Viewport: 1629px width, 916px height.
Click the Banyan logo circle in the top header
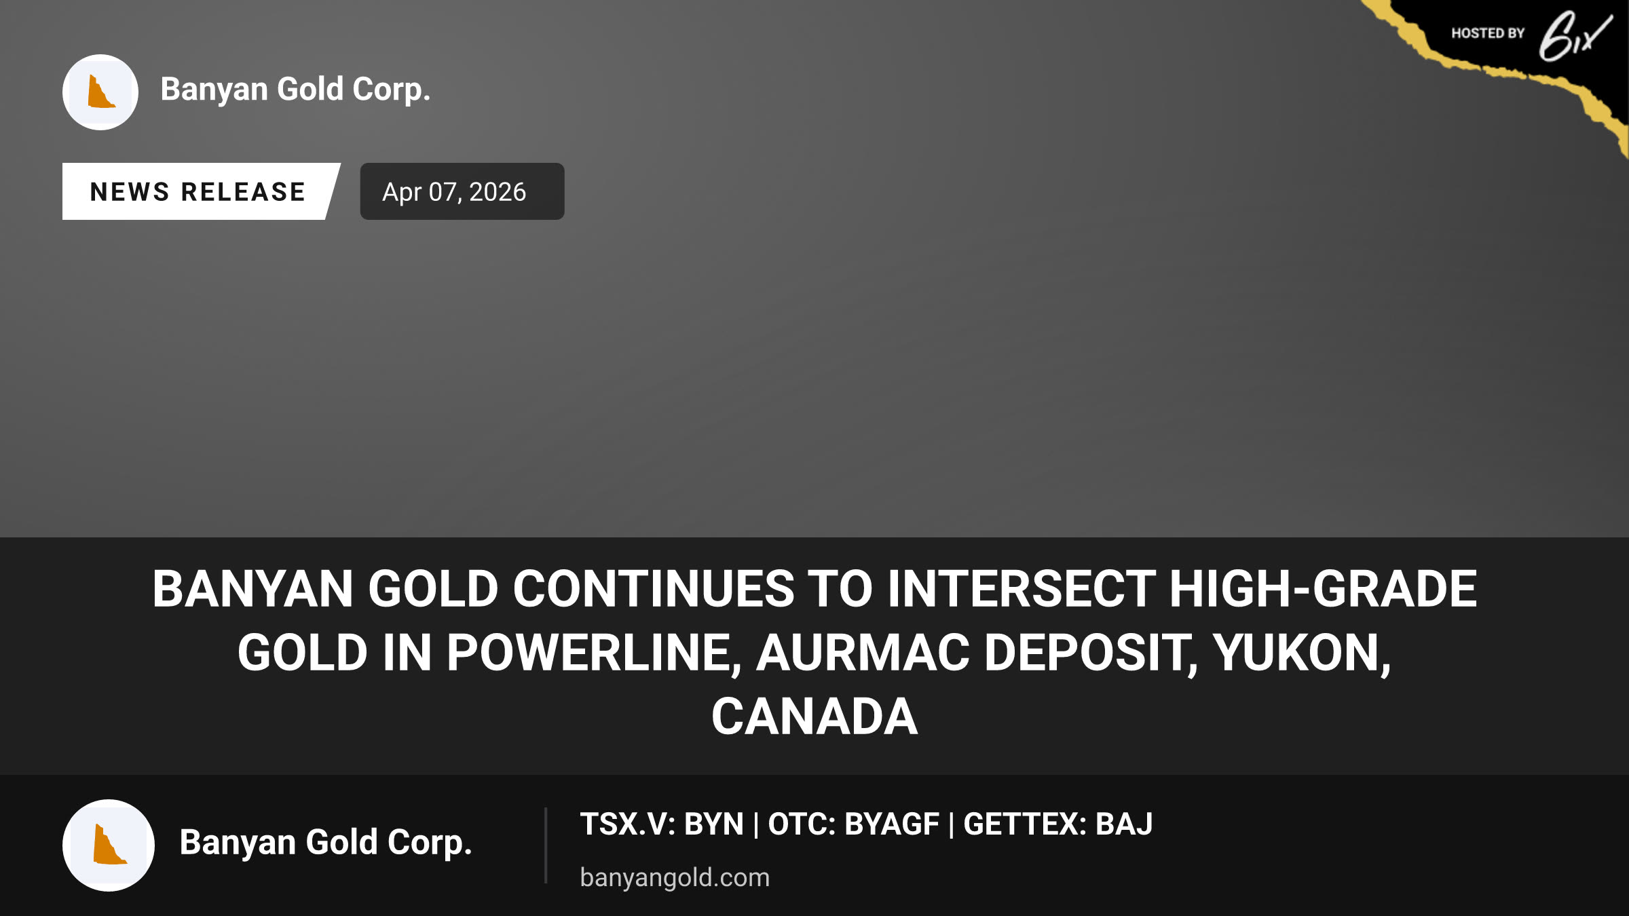(100, 92)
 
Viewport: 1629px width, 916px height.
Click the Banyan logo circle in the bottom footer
(109, 845)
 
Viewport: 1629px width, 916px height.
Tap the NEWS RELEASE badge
(198, 191)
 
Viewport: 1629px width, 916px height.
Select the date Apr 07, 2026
(454, 192)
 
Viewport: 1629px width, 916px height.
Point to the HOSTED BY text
(1488, 33)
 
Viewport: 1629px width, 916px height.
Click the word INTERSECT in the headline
(1022, 589)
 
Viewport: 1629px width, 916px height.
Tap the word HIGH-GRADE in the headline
(1323, 589)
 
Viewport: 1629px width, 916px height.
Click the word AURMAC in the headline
(863, 653)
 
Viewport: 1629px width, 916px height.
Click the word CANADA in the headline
(814, 717)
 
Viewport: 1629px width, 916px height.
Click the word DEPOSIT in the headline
(1091, 653)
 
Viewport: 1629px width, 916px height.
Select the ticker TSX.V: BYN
(662, 824)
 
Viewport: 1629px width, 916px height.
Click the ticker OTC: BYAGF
(853, 824)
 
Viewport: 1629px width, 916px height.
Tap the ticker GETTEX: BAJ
(1057, 824)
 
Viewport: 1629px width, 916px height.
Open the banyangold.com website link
(675, 877)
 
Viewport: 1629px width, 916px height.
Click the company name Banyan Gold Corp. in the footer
(326, 843)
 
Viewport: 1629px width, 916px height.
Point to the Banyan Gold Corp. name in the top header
(295, 90)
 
